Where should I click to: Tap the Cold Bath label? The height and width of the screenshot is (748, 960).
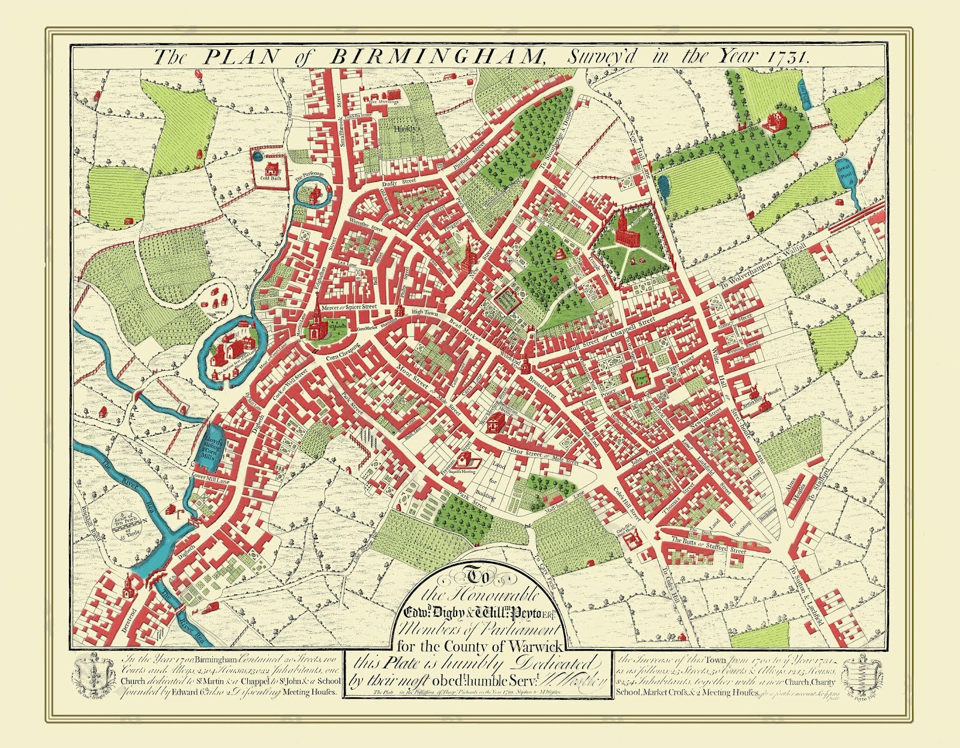pos(271,178)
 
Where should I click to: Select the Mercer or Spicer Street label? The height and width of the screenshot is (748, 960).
pos(349,307)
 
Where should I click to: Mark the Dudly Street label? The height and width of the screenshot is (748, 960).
pos(401,179)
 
